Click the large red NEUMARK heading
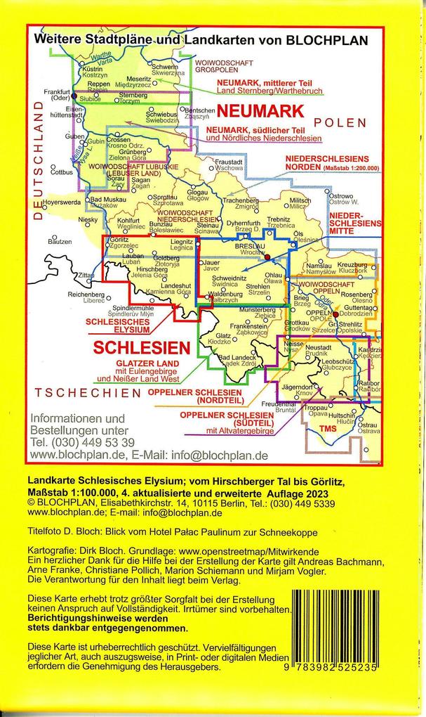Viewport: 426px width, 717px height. point(260,111)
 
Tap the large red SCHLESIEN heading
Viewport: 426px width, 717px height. point(142,347)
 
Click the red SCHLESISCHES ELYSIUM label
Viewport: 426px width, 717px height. point(117,325)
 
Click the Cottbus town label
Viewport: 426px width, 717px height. point(62,172)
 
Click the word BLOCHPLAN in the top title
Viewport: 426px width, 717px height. point(328,41)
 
